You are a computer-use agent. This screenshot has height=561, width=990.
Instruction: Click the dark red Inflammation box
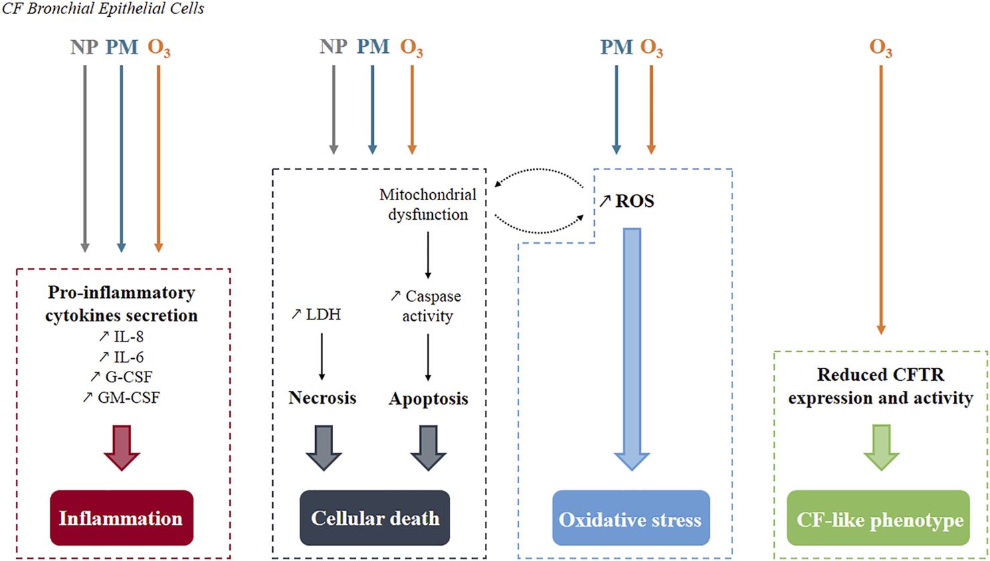[x=121, y=517]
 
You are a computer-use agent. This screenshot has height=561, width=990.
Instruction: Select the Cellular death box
[x=375, y=517]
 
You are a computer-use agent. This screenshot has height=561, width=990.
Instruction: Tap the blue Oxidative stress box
[x=630, y=519]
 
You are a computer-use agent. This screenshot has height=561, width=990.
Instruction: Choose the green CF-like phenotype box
[x=878, y=520]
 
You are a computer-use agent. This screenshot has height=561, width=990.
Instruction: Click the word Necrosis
[x=322, y=398]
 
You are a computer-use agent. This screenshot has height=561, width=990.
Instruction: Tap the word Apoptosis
[x=428, y=399]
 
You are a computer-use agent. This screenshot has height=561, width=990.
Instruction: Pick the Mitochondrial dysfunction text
[x=428, y=204]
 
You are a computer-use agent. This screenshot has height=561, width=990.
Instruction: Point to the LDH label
[x=316, y=314]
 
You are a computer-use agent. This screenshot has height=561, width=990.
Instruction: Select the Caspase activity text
[x=427, y=305]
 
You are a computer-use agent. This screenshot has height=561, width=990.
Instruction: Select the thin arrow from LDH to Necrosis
[x=322, y=355]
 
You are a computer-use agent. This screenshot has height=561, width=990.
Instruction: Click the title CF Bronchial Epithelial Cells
[x=103, y=9]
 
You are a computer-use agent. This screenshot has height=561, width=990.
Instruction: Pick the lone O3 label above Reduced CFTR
[x=880, y=48]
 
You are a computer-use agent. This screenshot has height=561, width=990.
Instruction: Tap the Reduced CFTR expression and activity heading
[x=880, y=386]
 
